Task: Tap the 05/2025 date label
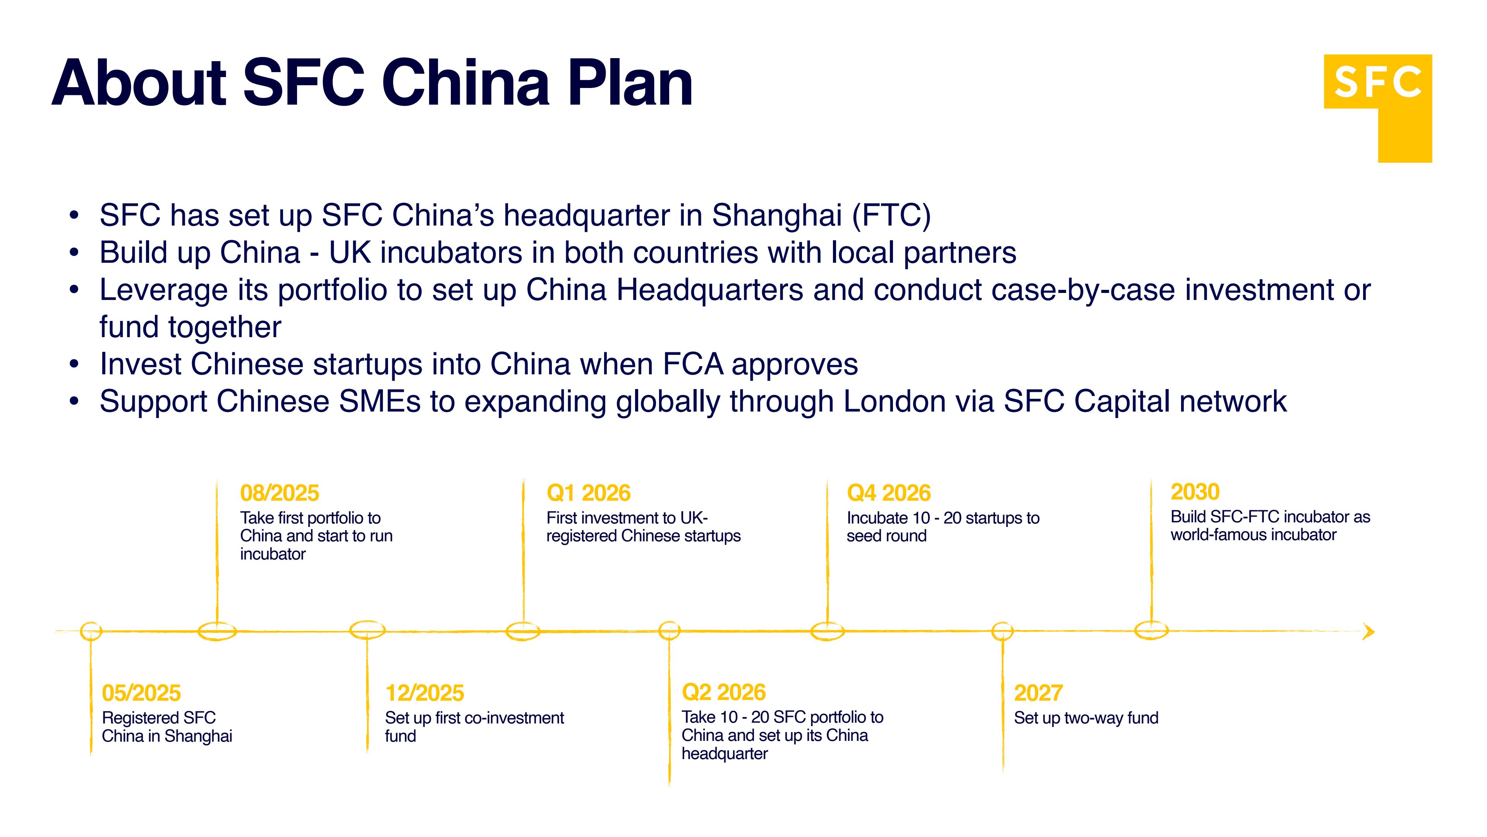point(141,692)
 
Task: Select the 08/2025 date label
point(279,493)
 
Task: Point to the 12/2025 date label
point(424,692)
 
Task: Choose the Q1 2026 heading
point(588,493)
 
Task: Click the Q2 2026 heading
point(723,692)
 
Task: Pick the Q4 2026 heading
point(888,493)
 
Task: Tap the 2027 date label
point(1038,692)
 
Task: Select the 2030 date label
point(1195,492)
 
